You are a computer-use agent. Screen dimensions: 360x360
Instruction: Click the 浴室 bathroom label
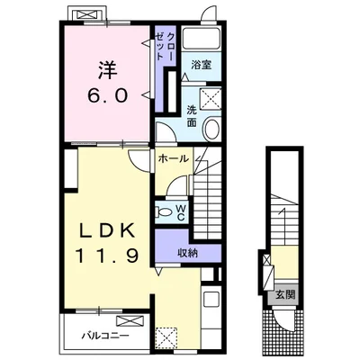[202, 65]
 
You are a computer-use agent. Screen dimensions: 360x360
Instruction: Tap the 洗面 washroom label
[192, 117]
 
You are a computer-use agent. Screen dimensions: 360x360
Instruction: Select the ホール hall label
[174, 158]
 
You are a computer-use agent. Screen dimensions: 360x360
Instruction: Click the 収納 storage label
[188, 254]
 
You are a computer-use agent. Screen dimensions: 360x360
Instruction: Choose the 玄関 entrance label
[285, 295]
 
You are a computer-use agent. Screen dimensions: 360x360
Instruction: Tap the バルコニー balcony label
[106, 335]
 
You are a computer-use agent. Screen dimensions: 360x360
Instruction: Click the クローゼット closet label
[166, 46]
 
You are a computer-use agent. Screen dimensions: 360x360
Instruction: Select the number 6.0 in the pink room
[107, 95]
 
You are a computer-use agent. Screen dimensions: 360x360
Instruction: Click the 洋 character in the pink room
[107, 70]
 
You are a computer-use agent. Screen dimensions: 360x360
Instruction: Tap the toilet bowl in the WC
[164, 212]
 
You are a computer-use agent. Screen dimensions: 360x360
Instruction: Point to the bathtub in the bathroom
[202, 39]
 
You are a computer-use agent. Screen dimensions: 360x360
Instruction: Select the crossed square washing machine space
[211, 98]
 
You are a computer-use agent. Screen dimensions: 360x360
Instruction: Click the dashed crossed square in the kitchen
[166, 337]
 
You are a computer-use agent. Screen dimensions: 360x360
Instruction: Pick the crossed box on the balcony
[130, 321]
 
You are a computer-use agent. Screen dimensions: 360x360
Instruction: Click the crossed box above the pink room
[88, 14]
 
